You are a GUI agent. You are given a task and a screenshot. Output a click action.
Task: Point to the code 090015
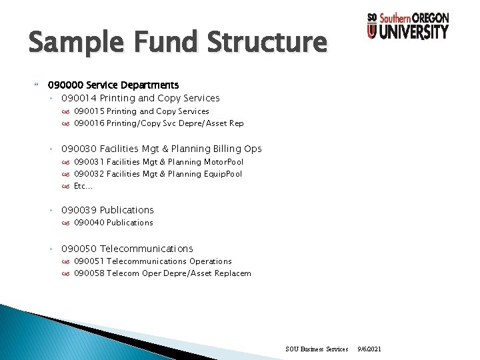click(x=89, y=111)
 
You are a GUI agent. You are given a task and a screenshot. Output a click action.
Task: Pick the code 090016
click(x=89, y=123)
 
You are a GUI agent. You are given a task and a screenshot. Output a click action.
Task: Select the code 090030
click(x=79, y=149)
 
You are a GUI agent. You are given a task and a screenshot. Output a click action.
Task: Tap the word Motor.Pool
click(x=223, y=162)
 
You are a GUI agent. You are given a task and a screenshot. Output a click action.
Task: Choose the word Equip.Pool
click(x=223, y=174)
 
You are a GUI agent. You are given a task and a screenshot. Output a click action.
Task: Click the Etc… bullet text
click(x=83, y=186)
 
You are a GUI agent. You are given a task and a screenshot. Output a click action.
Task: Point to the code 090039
click(x=79, y=210)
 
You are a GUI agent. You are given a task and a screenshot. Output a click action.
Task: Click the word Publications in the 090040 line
click(x=130, y=223)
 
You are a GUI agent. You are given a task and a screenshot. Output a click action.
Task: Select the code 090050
click(x=79, y=249)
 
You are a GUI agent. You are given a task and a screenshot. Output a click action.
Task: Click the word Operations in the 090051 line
click(x=211, y=261)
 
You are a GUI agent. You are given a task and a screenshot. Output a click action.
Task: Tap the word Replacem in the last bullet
click(x=233, y=273)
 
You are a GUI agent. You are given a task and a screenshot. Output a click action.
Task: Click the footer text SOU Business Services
click(x=317, y=349)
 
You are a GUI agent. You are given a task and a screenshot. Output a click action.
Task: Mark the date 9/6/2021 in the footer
click(x=370, y=349)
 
